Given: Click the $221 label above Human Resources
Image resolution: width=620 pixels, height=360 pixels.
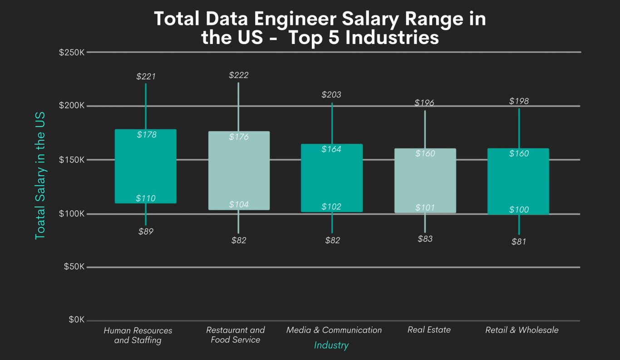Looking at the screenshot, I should [146, 76].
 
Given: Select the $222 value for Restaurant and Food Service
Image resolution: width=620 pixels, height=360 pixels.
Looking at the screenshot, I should [238, 75].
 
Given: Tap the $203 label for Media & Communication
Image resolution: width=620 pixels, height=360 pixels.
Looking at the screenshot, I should [331, 94].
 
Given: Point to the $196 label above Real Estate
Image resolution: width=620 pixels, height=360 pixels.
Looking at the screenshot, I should [424, 103].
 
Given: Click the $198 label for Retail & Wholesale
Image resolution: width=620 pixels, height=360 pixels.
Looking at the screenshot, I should [519, 101].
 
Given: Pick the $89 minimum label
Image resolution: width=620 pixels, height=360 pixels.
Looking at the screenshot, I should [146, 231].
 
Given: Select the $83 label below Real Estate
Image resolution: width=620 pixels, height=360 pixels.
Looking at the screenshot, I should [425, 238].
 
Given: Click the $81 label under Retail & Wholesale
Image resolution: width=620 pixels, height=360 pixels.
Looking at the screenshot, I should [519, 242].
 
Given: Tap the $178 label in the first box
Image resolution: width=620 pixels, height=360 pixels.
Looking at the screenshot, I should [147, 134].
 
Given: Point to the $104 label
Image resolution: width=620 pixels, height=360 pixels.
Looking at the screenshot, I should [239, 204].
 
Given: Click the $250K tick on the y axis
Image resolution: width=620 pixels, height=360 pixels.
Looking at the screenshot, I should [72, 52].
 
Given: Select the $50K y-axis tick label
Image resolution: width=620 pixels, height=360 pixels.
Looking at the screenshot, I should [74, 266].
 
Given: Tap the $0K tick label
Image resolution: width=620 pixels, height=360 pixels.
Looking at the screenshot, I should [76, 320].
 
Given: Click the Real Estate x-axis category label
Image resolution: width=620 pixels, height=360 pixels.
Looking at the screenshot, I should [429, 330].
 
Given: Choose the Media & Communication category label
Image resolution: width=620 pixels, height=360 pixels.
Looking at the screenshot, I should [334, 330].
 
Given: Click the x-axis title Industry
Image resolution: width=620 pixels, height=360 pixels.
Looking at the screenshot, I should [331, 345].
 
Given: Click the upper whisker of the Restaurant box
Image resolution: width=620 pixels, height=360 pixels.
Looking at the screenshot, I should [238, 107].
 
